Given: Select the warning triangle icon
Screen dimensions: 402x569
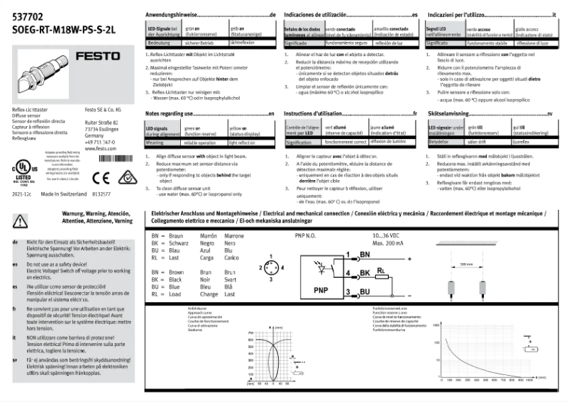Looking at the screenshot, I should (19, 221).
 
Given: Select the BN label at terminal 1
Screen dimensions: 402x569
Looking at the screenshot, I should (365, 253).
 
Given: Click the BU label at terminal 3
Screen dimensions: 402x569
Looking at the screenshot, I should (365, 291).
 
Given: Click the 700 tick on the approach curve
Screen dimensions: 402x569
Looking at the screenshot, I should (250, 332).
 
